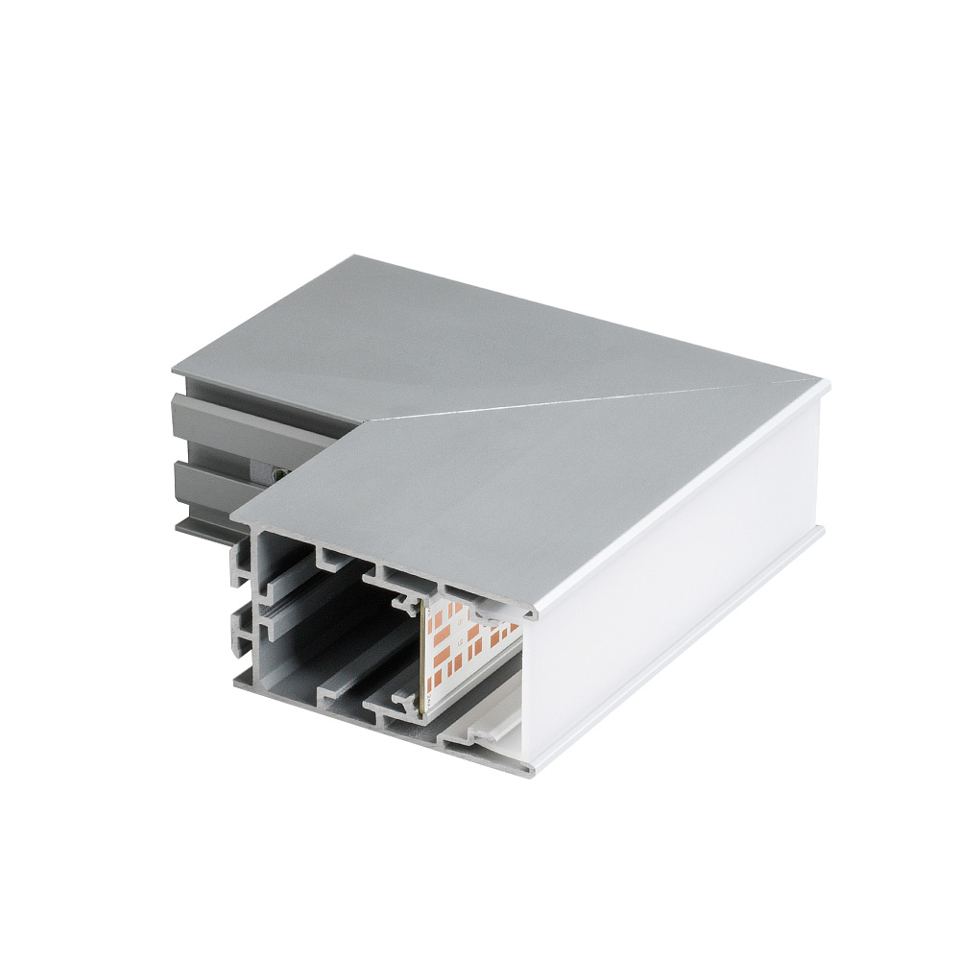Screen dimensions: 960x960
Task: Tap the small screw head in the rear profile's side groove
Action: tap(277, 471)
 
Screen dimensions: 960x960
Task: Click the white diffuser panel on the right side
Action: tap(672, 614)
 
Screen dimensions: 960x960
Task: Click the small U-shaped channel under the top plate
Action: tap(330, 556)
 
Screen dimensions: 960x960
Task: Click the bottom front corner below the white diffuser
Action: tap(526, 768)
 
